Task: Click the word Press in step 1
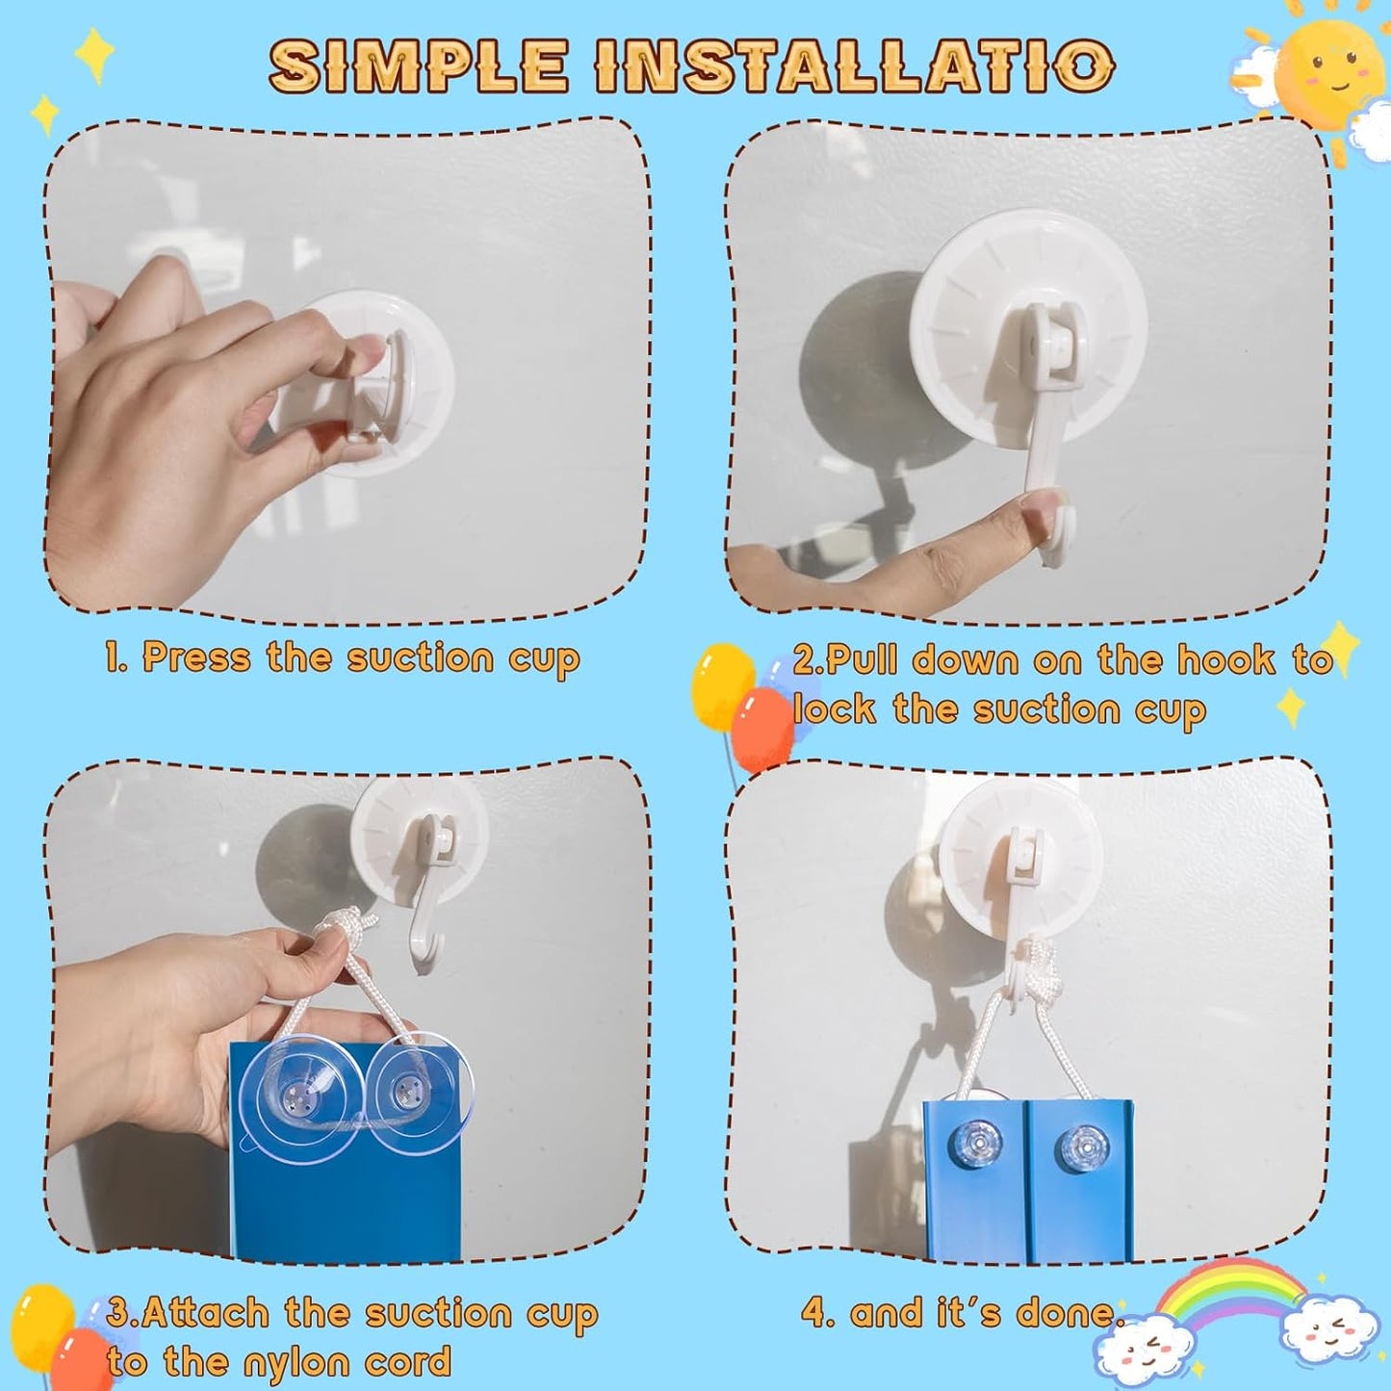(x=196, y=658)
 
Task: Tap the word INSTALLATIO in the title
(x=857, y=65)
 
